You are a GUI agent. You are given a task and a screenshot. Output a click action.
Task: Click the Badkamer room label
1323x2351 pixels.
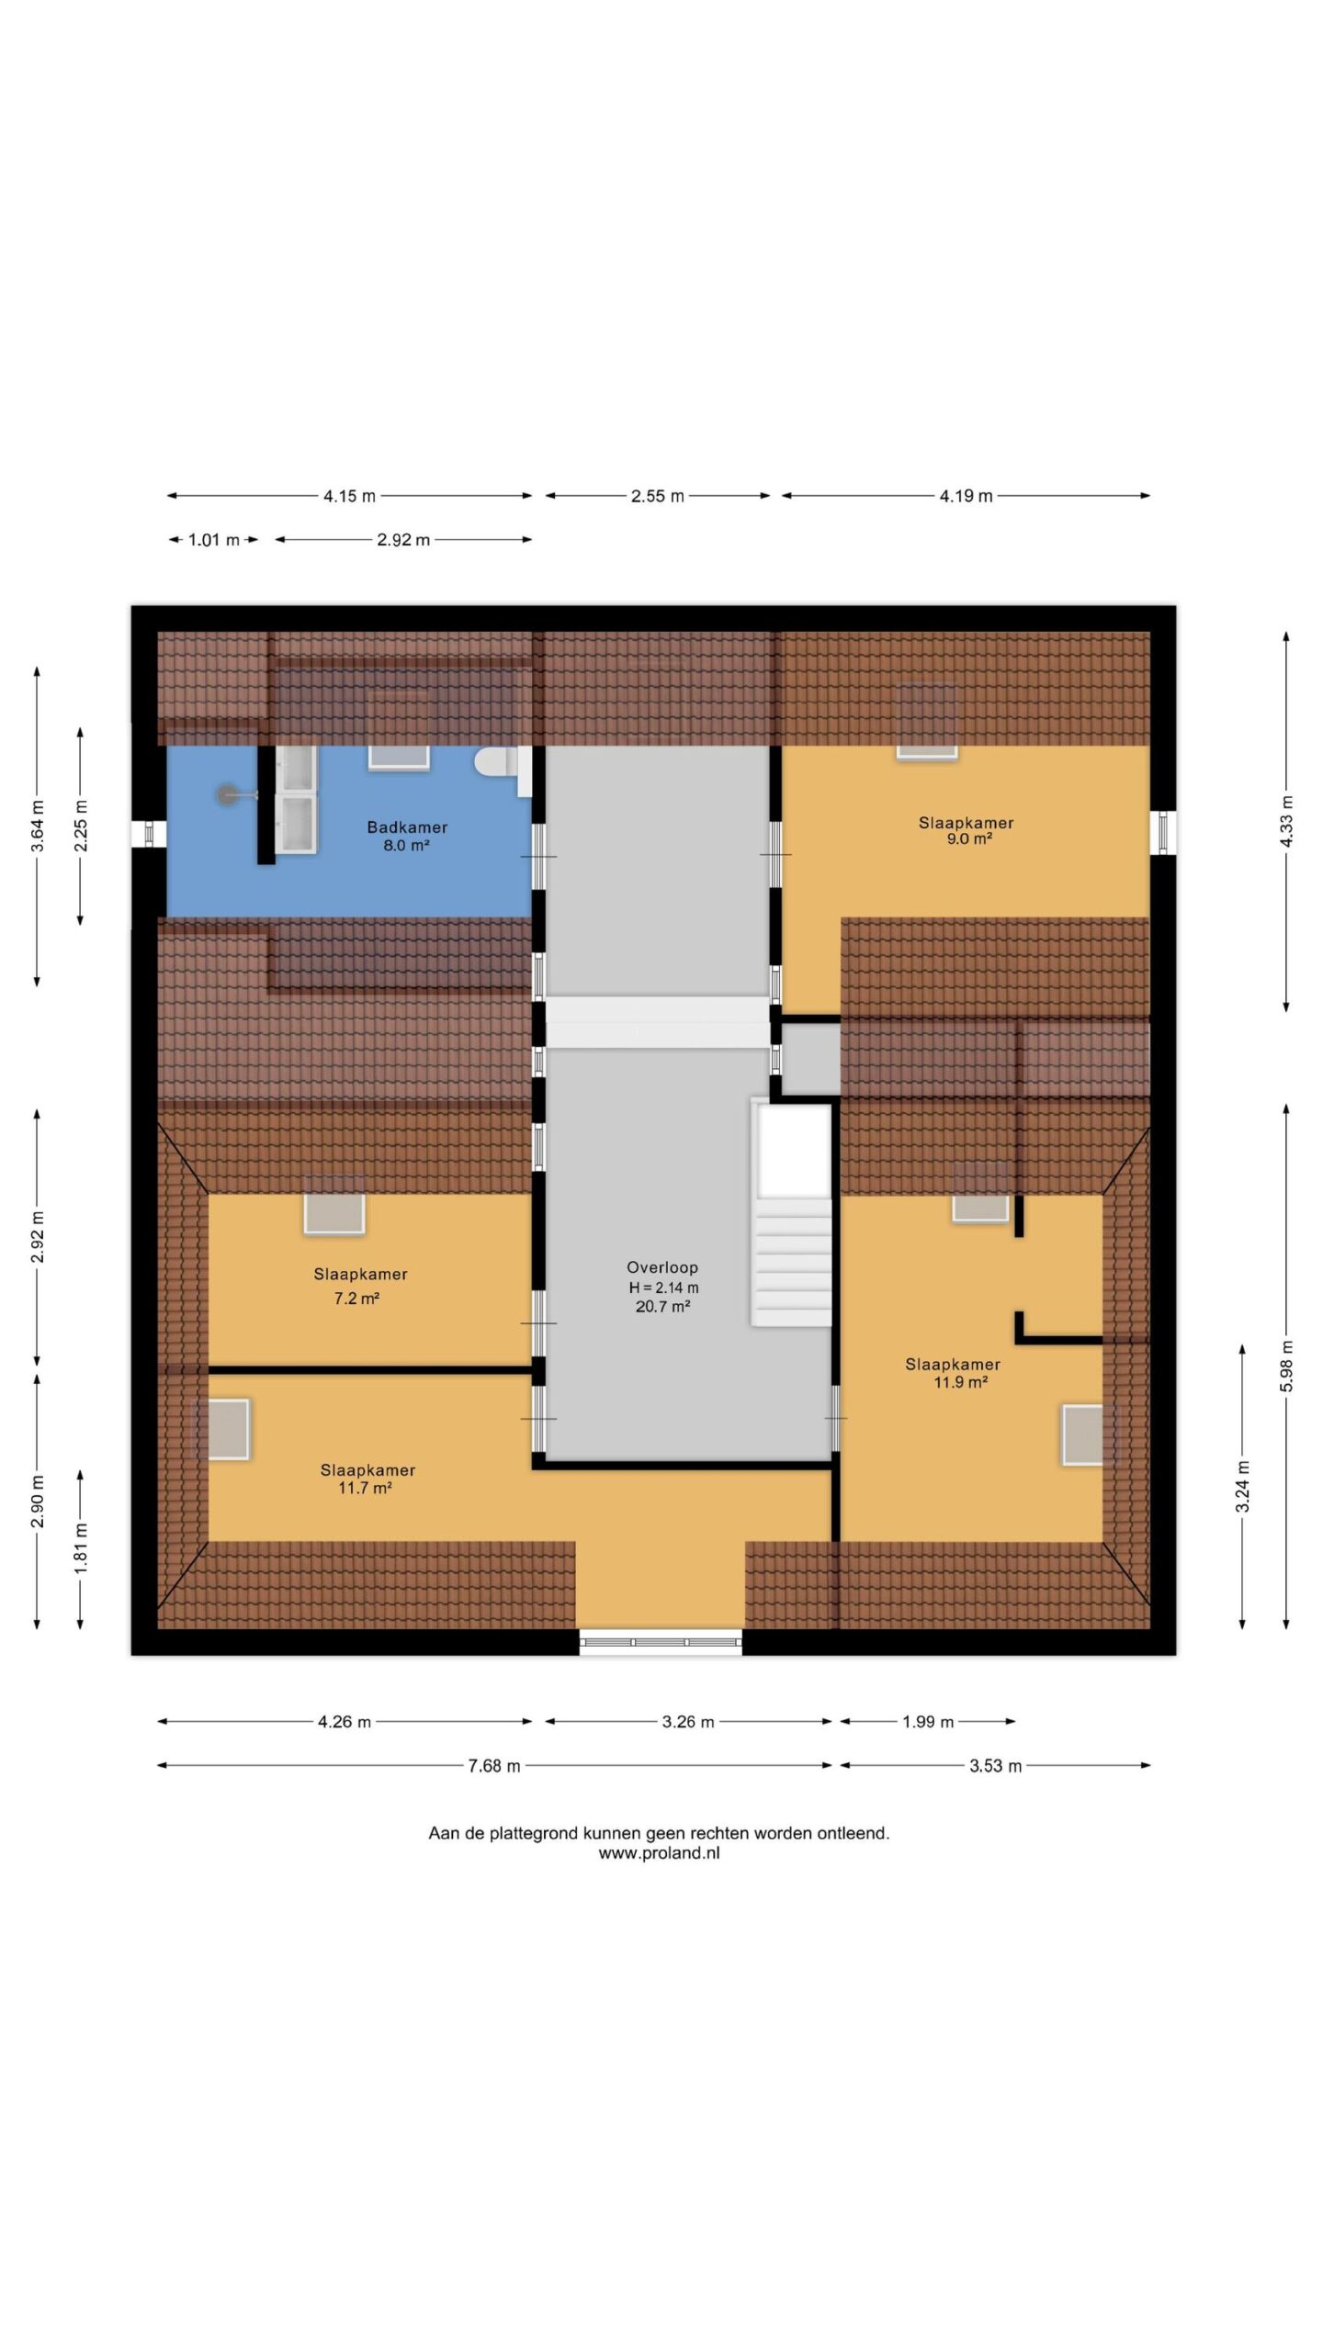click(407, 827)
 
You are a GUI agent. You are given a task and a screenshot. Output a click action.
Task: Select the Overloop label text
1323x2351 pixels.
click(662, 1267)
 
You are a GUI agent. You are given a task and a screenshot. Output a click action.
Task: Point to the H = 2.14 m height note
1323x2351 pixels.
click(663, 1288)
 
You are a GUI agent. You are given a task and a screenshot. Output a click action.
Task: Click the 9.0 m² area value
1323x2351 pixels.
click(969, 839)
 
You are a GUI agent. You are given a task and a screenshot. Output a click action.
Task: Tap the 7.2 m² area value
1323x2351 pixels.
click(356, 1298)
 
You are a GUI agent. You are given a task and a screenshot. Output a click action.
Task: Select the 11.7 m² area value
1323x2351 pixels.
click(366, 1488)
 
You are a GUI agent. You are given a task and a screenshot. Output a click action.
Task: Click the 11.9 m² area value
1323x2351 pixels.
click(960, 1382)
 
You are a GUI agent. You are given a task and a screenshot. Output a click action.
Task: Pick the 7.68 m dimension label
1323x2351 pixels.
click(494, 1766)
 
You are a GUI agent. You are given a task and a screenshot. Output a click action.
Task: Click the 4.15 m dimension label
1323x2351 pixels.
click(349, 496)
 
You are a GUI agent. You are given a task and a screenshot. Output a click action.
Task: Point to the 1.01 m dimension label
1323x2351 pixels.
click(213, 540)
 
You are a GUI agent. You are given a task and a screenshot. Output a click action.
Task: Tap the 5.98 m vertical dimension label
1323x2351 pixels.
click(1286, 1367)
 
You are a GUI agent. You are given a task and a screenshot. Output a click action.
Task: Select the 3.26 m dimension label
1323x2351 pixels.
click(688, 1722)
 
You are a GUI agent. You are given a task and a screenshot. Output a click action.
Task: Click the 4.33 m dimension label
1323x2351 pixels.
click(1286, 822)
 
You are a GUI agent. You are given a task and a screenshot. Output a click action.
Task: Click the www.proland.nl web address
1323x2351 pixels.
click(659, 1853)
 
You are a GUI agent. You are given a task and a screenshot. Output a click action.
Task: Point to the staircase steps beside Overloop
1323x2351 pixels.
click(793, 1259)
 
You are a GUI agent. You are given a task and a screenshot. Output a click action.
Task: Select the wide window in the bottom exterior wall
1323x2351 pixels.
click(661, 1642)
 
